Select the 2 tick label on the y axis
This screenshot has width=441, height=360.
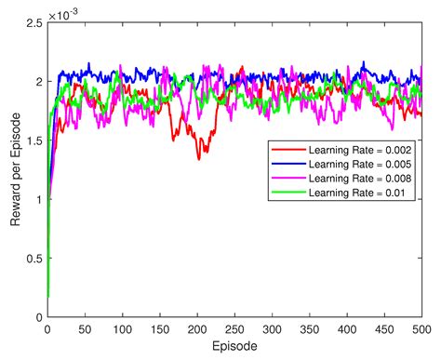click(38, 82)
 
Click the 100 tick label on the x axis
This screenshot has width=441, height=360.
click(122, 329)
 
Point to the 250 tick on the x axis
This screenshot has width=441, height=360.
click(234, 329)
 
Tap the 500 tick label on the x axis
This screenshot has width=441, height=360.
click(421, 329)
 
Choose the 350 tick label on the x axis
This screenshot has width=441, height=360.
click(309, 329)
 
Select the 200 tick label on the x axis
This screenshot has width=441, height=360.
click(196, 329)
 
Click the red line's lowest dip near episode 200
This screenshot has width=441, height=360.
click(198, 158)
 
